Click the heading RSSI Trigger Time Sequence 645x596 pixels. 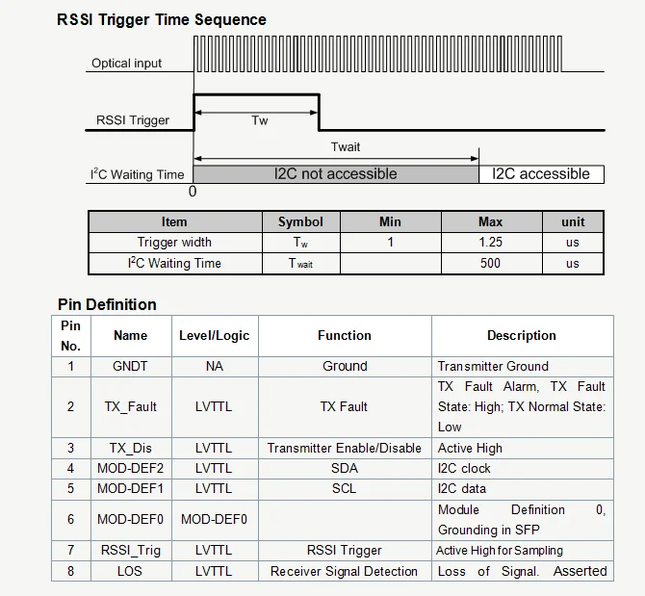click(x=162, y=20)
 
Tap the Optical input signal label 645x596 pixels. click(x=126, y=64)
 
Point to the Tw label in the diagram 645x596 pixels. click(x=260, y=120)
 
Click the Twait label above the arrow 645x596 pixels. click(x=346, y=147)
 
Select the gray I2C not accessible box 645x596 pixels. click(x=336, y=174)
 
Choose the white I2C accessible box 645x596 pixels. click(x=541, y=174)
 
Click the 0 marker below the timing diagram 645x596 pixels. click(x=193, y=192)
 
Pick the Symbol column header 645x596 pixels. click(x=300, y=222)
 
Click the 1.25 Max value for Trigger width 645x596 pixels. click(x=490, y=242)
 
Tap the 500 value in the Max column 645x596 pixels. click(x=490, y=263)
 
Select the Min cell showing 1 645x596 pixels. click(x=390, y=242)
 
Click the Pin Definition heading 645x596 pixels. click(x=107, y=305)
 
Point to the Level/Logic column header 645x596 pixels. click(x=215, y=336)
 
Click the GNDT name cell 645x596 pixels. click(x=130, y=366)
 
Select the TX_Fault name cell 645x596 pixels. click(x=130, y=406)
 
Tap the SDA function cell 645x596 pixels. click(x=345, y=468)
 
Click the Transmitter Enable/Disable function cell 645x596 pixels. click(x=345, y=448)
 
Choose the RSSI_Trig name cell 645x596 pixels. click(x=131, y=551)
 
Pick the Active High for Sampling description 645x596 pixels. click(x=500, y=551)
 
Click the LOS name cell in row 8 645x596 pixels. click(x=130, y=571)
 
